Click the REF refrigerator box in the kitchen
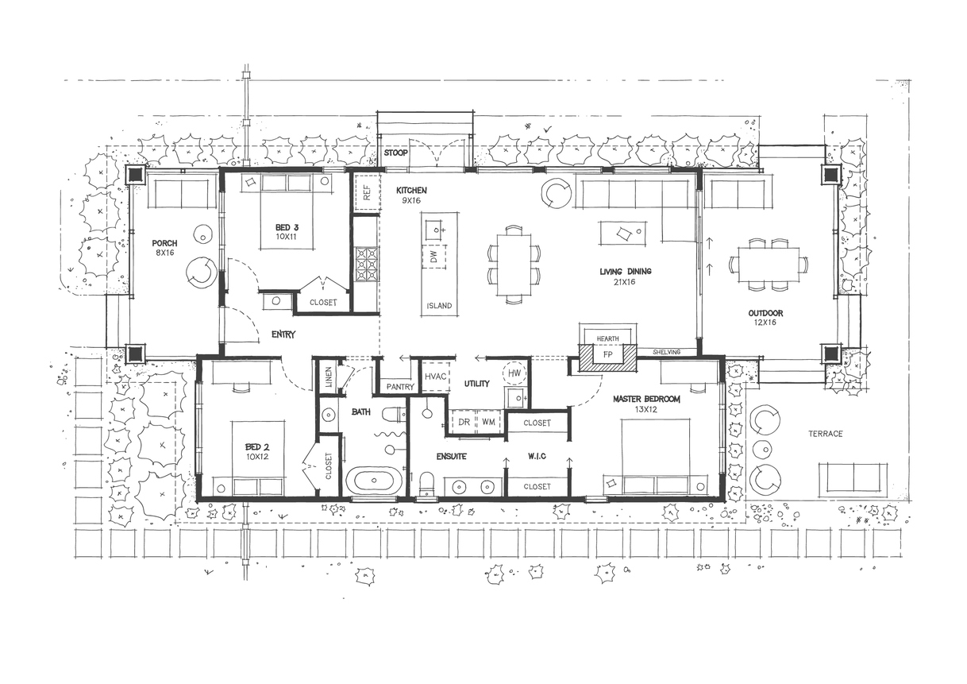(x=367, y=192)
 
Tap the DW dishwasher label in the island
(x=434, y=257)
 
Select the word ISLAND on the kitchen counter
(x=440, y=306)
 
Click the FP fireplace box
(x=608, y=355)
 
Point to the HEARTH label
(x=608, y=338)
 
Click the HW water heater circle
(x=514, y=373)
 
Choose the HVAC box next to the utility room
(x=435, y=377)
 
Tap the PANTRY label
(x=400, y=387)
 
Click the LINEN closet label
(x=329, y=377)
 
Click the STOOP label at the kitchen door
(x=395, y=153)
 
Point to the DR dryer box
(x=463, y=421)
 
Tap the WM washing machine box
(x=489, y=421)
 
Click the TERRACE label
(x=826, y=434)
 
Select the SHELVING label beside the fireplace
(x=667, y=352)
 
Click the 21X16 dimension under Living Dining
(x=625, y=282)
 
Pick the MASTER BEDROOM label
(x=646, y=400)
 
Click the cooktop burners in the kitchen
(x=367, y=264)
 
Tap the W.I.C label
(x=537, y=456)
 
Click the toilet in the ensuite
(x=426, y=484)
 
